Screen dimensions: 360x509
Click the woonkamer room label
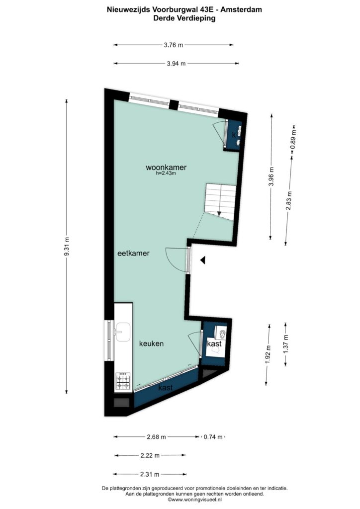166,168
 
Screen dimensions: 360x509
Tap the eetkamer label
133,253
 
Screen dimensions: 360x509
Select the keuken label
151,343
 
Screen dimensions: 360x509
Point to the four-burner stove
123,381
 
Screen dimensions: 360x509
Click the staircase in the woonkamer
220,202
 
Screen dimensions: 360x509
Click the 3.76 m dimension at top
174,45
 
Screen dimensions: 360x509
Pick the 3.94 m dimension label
176,63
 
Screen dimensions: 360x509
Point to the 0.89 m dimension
293,140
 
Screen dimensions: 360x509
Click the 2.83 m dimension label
289,201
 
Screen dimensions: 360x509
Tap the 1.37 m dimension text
285,344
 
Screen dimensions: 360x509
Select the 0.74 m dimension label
213,437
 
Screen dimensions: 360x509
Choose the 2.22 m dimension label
150,455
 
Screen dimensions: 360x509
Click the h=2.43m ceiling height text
166,173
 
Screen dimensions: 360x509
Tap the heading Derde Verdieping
184,18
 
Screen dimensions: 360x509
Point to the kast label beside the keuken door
214,343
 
